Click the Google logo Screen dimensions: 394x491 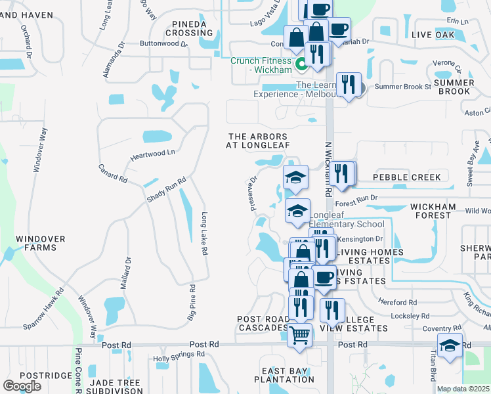click(x=22, y=386)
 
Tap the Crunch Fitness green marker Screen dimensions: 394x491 click(x=302, y=64)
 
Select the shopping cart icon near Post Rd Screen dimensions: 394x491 click(x=300, y=335)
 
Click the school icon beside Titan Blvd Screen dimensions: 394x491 click(x=450, y=345)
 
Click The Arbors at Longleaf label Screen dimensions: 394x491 click(x=258, y=141)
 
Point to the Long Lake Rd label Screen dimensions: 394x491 click(x=205, y=234)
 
